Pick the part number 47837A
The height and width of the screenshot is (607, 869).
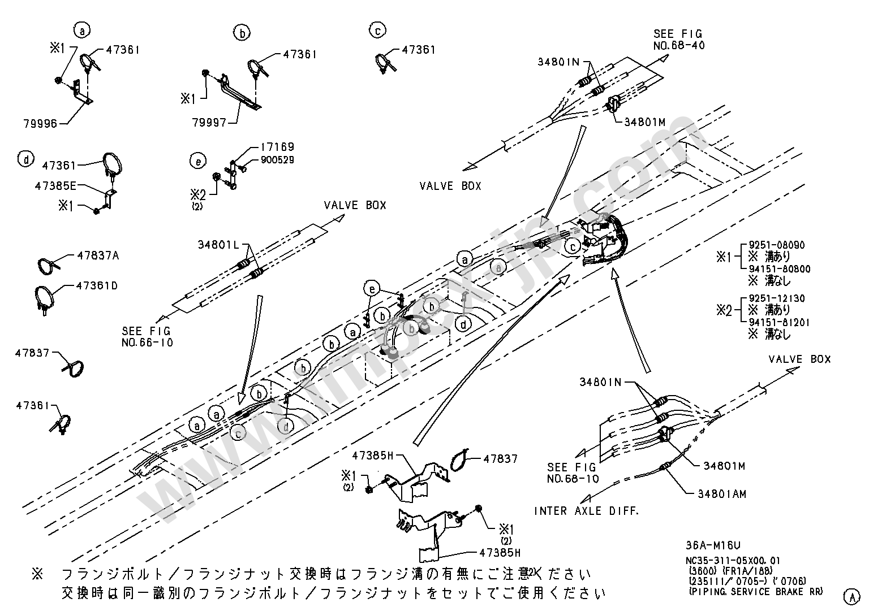[98, 255]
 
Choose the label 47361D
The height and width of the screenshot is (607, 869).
[97, 286]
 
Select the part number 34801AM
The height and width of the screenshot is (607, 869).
[722, 494]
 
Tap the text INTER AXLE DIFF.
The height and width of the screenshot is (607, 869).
[587, 511]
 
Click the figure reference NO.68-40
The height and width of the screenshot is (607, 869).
[679, 45]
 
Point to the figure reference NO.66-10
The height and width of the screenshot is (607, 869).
[147, 342]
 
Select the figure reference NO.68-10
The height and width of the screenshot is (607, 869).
[572, 479]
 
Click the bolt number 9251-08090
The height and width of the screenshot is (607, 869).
[776, 245]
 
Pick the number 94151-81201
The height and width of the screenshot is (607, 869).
[779, 322]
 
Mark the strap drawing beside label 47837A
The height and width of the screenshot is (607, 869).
[49, 266]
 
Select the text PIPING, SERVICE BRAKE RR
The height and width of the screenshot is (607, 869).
[755, 592]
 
